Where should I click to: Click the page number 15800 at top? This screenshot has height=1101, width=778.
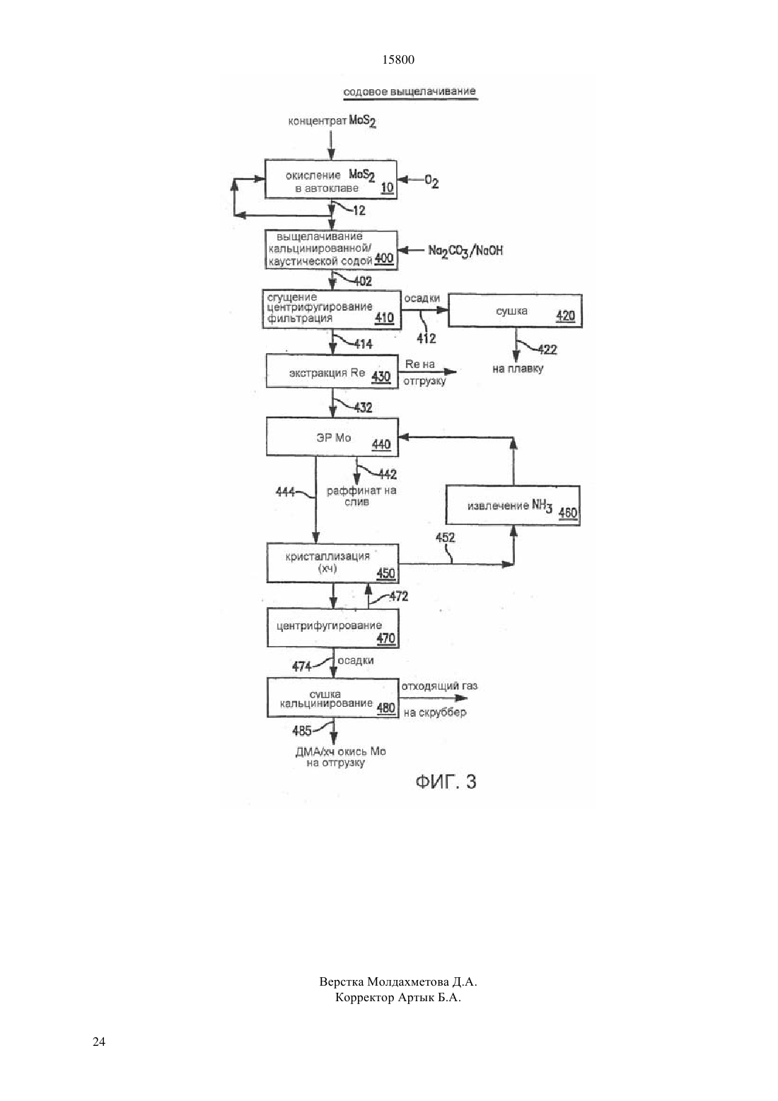pyautogui.click(x=397, y=60)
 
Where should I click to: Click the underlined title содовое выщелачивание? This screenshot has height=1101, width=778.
pyautogui.click(x=410, y=91)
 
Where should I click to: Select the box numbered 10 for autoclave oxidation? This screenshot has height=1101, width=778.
pyautogui.click(x=330, y=180)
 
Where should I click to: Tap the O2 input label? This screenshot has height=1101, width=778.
pyautogui.click(x=431, y=182)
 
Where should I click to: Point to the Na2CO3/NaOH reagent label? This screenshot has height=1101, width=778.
pyautogui.click(x=465, y=250)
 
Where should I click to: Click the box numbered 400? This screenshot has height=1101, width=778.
pyautogui.click(x=331, y=250)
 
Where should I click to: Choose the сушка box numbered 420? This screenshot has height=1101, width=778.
pyautogui.click(x=515, y=311)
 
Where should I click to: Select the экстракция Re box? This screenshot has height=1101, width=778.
pyautogui.click(x=332, y=371)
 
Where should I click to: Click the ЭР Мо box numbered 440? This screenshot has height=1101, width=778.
pyautogui.click(x=332, y=437)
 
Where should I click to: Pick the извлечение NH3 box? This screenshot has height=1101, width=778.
pyautogui.click(x=513, y=505)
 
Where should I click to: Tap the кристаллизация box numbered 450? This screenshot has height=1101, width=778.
pyautogui.click(x=332, y=563)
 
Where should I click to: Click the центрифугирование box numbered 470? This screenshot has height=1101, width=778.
pyautogui.click(x=332, y=628)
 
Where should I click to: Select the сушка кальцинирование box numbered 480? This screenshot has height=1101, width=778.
pyautogui.click(x=332, y=698)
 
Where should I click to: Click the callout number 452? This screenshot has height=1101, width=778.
pyautogui.click(x=445, y=538)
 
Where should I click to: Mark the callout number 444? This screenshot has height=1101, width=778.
pyautogui.click(x=285, y=492)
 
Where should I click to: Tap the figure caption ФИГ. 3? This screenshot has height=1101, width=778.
pyautogui.click(x=446, y=782)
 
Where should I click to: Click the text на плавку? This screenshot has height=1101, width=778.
pyautogui.click(x=518, y=369)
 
